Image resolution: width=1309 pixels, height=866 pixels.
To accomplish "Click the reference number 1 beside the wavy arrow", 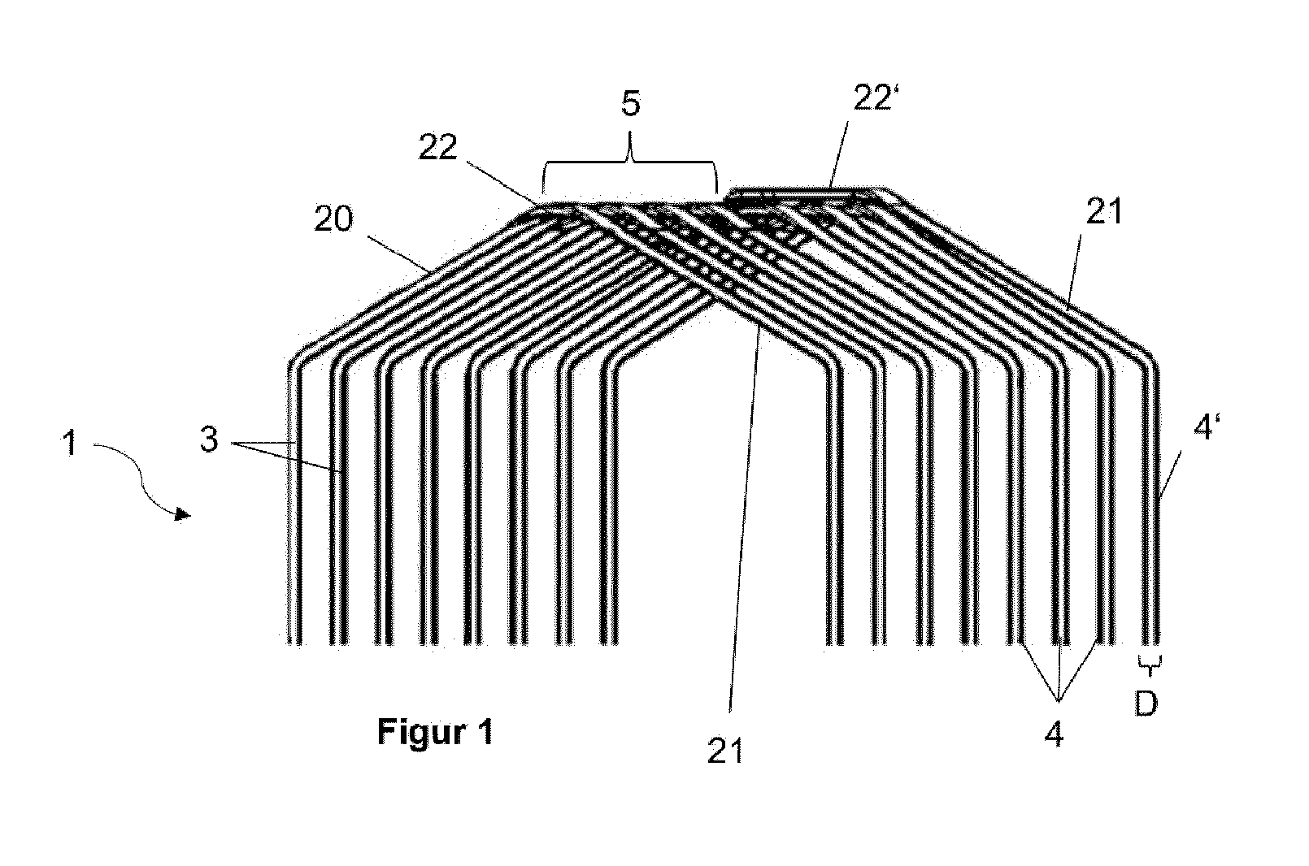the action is coord(70,443).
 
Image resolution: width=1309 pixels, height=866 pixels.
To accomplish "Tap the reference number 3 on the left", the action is coord(209,439).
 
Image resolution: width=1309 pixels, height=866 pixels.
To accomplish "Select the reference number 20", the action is coord(333,219).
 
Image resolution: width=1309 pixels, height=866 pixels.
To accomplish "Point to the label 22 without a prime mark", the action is coord(437,147).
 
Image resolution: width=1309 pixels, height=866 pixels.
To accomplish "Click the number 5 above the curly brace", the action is coord(631,104).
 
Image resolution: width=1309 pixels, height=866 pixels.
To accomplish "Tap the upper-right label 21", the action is coord(1104,211).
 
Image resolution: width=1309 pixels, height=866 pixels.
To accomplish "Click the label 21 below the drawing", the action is coord(724,751).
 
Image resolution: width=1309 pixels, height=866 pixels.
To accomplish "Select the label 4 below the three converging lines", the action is coord(1054,734).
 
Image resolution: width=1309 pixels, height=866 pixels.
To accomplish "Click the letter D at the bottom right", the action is coord(1146,705).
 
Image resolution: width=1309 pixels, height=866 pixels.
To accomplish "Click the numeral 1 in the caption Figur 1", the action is coord(486,731).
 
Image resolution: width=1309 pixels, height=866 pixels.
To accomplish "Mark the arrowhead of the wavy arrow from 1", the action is coord(185,514).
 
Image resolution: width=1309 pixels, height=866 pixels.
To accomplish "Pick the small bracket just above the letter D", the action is coord(1149,664).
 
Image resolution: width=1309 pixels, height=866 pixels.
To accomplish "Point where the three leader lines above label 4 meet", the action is coord(1059,699).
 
